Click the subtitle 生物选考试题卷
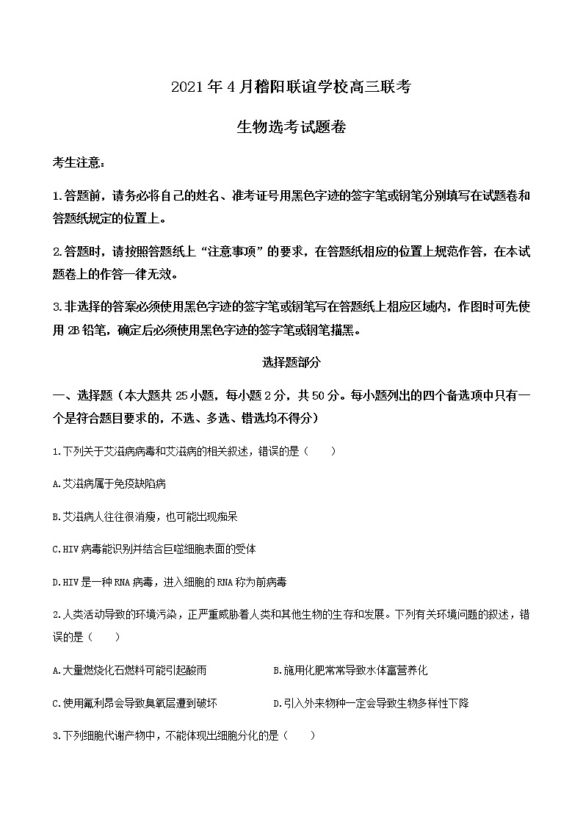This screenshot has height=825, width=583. [x=291, y=126]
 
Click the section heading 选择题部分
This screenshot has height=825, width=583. [x=291, y=361]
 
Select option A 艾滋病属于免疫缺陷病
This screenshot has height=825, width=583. [x=110, y=483]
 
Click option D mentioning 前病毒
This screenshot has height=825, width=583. [x=170, y=582]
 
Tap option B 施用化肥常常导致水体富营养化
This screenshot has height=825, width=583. [x=350, y=670]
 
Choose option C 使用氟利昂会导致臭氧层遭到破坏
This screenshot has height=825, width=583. [x=135, y=703]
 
